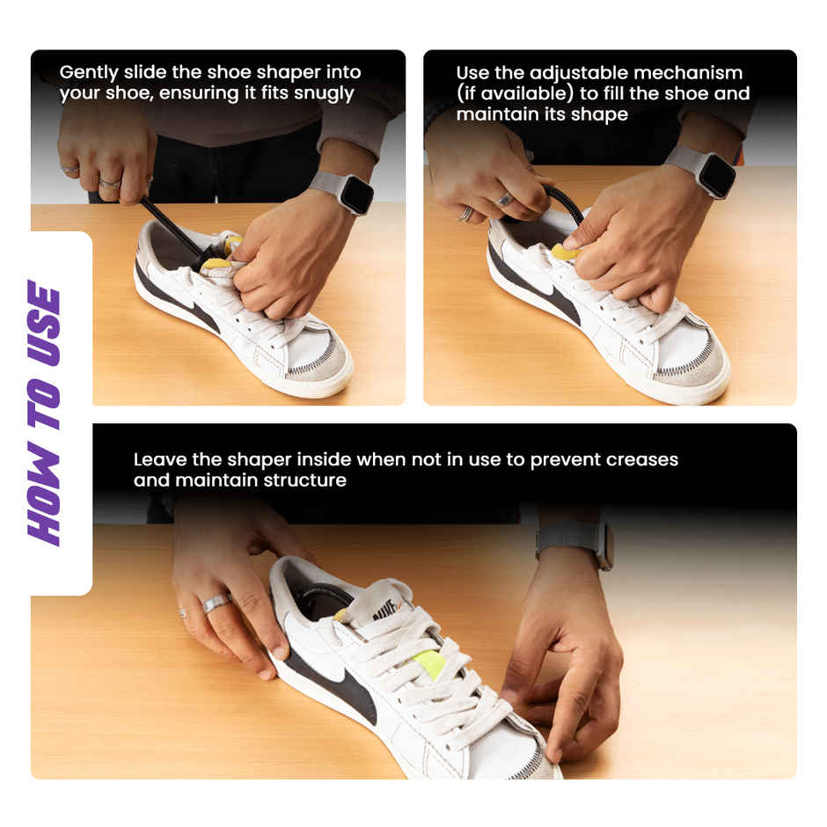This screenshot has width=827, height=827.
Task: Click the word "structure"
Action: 304,480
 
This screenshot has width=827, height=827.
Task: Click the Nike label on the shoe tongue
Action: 391,608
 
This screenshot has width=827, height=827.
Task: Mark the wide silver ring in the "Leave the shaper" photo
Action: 216,604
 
